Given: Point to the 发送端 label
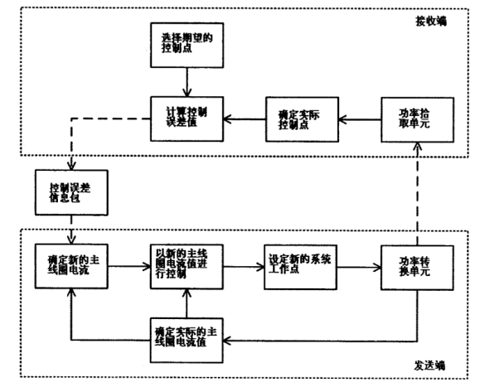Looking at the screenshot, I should (x=429, y=365).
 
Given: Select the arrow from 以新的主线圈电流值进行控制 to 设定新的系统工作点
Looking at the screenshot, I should (x=243, y=266).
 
